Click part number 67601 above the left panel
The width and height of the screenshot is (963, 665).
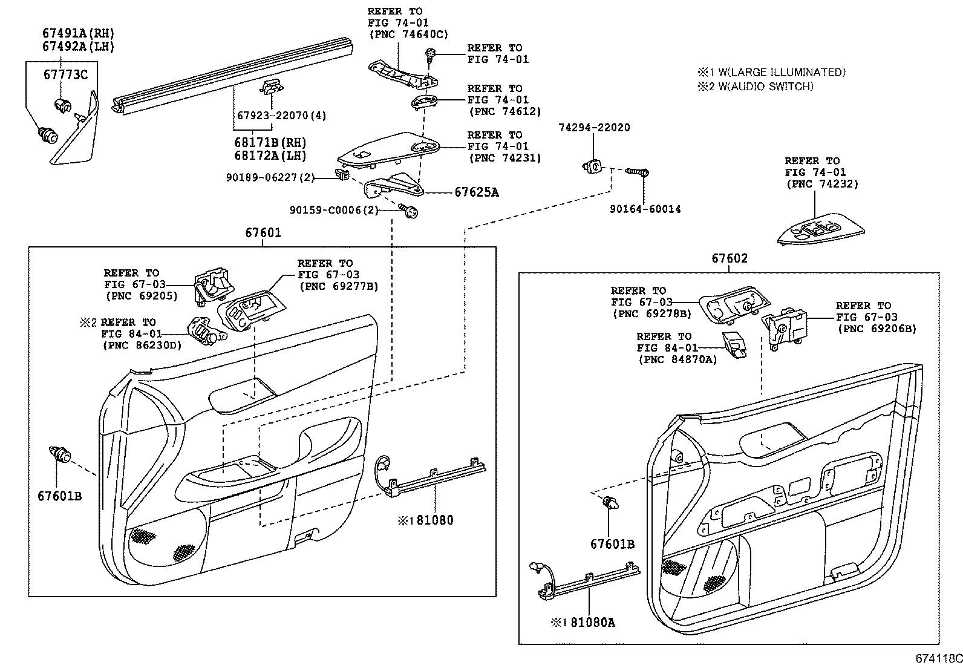click(263, 232)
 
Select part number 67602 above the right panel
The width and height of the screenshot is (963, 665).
click(730, 258)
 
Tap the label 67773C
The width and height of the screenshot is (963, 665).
click(65, 75)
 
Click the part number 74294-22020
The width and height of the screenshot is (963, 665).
click(593, 128)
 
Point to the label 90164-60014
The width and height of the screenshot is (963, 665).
click(645, 209)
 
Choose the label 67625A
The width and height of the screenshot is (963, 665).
click(477, 192)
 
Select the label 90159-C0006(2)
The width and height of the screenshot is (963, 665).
click(334, 210)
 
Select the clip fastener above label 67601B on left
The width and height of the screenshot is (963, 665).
click(60, 454)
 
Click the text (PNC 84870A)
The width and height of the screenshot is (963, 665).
click(677, 359)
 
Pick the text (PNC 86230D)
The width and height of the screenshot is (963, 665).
click(143, 345)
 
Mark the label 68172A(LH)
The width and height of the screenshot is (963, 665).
click(270, 156)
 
